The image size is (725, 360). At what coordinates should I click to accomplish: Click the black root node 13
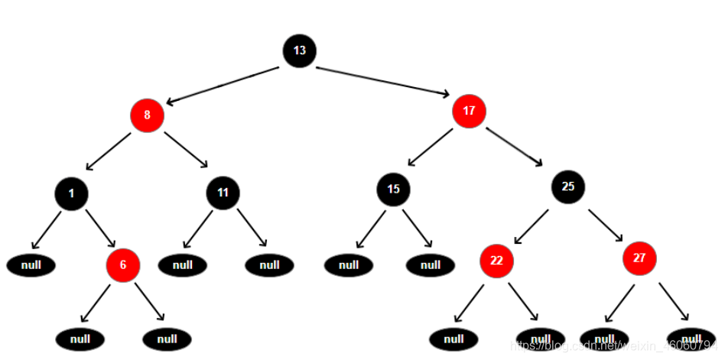click(299, 50)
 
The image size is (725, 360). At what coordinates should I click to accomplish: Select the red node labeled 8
click(147, 116)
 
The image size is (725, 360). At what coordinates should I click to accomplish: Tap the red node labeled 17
click(469, 111)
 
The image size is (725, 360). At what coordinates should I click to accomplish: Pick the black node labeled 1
click(71, 193)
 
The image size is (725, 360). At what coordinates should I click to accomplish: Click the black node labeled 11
click(223, 193)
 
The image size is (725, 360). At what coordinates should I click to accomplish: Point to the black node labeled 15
click(393, 189)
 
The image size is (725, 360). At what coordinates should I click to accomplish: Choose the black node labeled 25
click(567, 185)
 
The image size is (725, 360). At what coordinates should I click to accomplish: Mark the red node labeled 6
click(123, 264)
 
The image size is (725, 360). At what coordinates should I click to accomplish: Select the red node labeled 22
click(496, 261)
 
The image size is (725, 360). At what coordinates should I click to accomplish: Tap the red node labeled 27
click(639, 258)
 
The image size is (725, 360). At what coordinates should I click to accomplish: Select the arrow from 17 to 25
click(515, 146)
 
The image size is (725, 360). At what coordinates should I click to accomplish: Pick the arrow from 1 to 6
click(99, 227)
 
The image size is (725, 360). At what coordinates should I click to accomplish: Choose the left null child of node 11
click(183, 265)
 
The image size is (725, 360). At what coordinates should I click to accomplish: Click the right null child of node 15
click(431, 265)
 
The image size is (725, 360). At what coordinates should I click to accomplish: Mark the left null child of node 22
click(454, 339)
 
